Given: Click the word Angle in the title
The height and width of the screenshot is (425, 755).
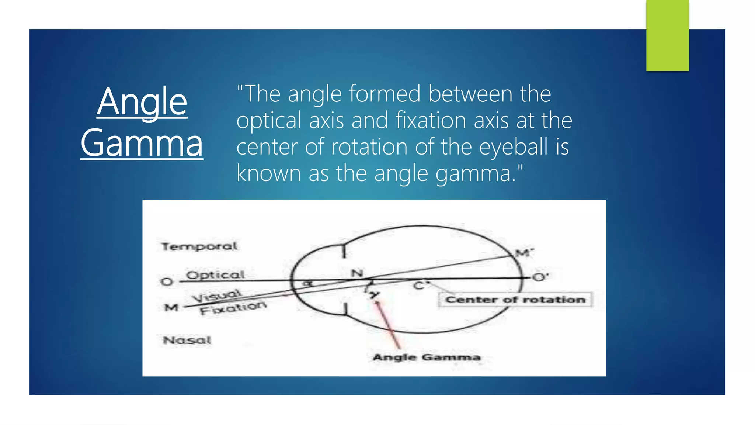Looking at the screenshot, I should pos(142,101).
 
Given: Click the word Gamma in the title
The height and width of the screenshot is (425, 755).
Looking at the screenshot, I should pos(142,143).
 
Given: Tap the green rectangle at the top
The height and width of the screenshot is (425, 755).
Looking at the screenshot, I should pos(667,35).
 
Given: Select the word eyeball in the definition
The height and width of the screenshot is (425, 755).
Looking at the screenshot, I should pos(514,146).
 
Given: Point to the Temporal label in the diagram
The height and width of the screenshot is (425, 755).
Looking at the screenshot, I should pos(199,246).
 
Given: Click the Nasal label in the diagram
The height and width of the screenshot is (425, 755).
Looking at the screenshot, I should pos(187,340).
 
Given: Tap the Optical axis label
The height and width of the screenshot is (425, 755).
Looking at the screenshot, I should pos(215,275).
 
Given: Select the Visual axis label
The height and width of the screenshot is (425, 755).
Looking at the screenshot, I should pos(218,296).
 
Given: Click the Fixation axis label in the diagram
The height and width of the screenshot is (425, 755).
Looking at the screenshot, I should pos(233,308).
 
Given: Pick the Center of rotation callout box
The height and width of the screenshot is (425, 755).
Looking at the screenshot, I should pos(515,300).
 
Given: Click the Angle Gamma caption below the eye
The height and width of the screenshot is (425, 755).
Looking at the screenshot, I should pos(427,357).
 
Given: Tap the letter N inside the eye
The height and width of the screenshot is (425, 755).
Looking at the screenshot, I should pos(357,273).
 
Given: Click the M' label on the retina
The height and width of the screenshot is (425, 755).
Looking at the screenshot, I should pos(524,253).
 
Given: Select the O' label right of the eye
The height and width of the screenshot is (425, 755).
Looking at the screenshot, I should pos(540,277).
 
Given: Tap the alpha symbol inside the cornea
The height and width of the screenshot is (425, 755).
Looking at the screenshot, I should pos(308,284).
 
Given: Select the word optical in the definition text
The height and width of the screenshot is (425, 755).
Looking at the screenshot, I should pos(269,120).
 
